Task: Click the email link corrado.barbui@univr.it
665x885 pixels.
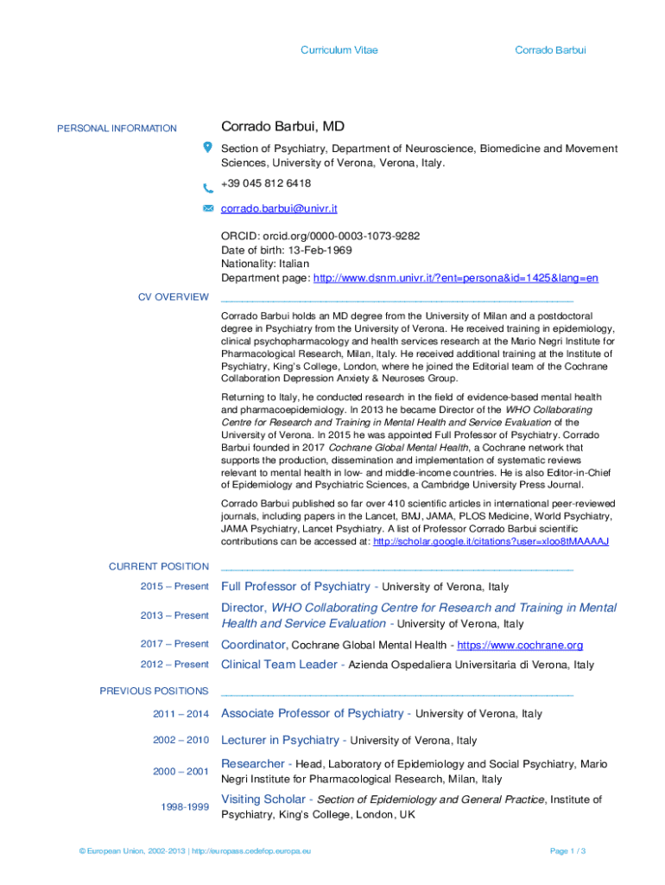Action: click(279, 208)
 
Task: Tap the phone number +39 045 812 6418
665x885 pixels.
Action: click(266, 183)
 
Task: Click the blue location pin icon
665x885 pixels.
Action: click(208, 147)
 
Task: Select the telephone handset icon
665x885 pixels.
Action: click(208, 188)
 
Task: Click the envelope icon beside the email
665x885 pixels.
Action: click(208, 208)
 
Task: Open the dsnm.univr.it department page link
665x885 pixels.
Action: click(455, 278)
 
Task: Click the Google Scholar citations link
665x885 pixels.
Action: click(491, 541)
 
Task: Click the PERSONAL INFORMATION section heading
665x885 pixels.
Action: click(117, 129)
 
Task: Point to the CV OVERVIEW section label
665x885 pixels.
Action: click(174, 297)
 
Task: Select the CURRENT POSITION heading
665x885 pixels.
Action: click(159, 567)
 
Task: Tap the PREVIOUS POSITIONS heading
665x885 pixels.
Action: click(154, 691)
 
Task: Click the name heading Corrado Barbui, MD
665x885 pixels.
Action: click(282, 127)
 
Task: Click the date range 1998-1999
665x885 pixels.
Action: click(185, 806)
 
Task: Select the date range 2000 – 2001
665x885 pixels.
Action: click(181, 771)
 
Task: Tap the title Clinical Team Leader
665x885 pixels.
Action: click(279, 665)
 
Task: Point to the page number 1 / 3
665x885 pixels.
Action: click(568, 851)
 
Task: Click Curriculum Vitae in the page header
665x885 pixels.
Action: click(339, 50)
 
